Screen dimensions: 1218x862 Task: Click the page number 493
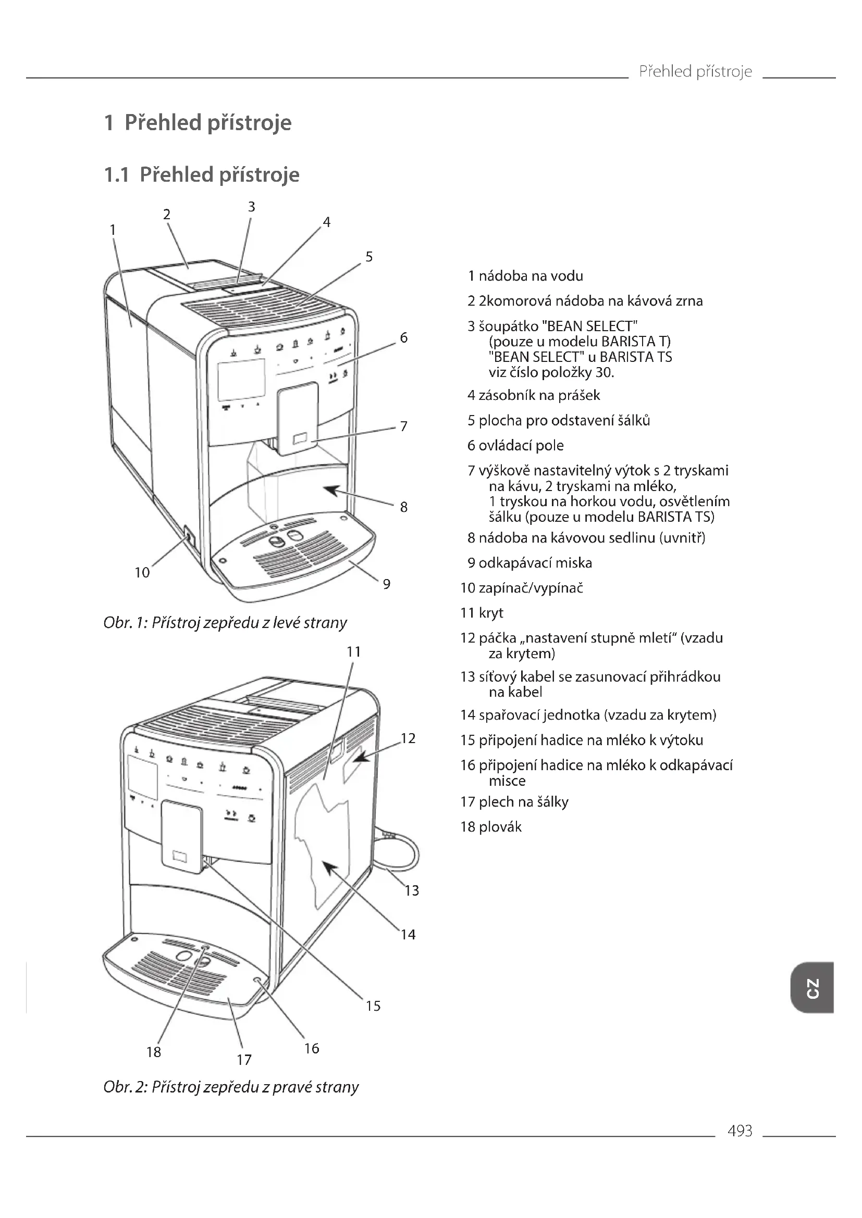coord(740,1131)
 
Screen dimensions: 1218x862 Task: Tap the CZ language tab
coord(811,987)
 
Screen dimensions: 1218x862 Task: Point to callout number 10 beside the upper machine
coord(142,572)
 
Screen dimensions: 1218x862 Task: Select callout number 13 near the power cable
coord(411,890)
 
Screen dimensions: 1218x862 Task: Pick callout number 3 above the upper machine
coord(252,207)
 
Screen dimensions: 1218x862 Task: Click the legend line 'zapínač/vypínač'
coord(522,588)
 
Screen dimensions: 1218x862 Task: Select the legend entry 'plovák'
coord(491,826)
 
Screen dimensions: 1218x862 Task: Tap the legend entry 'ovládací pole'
coord(515,445)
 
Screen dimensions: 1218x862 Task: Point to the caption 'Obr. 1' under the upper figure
coord(225,622)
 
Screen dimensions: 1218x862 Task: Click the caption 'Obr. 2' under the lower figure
coord(231,1087)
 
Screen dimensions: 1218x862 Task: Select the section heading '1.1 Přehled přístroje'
coord(202,174)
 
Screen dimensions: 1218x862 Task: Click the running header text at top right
coord(695,71)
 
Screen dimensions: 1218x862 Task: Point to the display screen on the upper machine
coord(241,379)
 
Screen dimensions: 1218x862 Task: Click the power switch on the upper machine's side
coord(189,537)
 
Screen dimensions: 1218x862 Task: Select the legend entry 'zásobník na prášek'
coord(534,395)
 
